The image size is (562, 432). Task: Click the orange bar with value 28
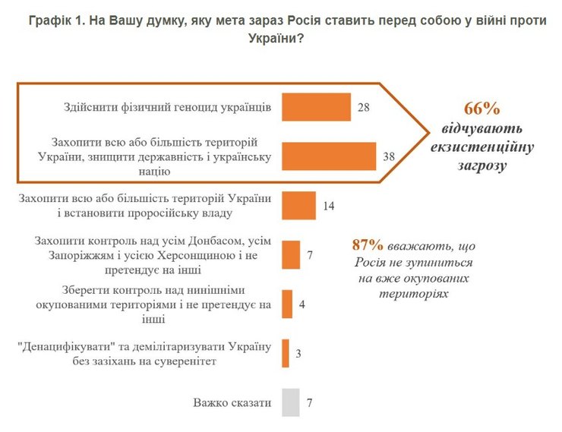[x=316, y=107]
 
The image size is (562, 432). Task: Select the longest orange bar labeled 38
[x=329, y=156]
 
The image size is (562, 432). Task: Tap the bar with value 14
[x=298, y=206]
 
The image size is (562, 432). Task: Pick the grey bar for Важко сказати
[x=289, y=402]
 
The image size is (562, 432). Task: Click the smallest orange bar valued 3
[x=286, y=353]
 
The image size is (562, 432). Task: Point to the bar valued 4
[x=287, y=304]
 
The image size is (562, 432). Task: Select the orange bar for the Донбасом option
[x=291, y=254]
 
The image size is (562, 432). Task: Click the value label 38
[x=390, y=156]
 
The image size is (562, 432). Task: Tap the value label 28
[x=363, y=108]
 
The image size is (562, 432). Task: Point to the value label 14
[x=329, y=206]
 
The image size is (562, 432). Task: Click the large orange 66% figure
[x=481, y=108]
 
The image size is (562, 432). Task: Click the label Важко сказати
[x=232, y=403]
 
